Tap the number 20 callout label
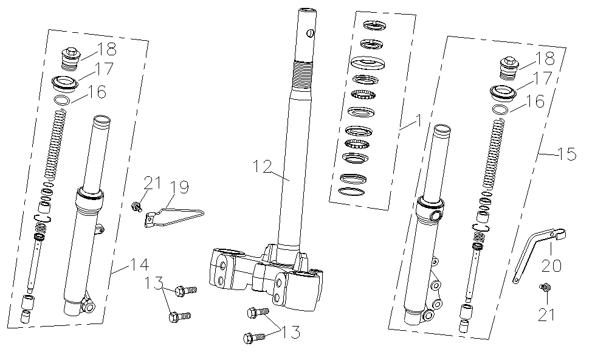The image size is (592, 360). [x=552, y=266]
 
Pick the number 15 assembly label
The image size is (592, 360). [x=566, y=155]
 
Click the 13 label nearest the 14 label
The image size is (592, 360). [x=155, y=283]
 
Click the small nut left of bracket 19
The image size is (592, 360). [x=137, y=208]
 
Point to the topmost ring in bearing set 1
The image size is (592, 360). [x=371, y=26]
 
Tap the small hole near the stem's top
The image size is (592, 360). [x=310, y=33]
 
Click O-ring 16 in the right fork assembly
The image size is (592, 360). [x=500, y=110]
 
